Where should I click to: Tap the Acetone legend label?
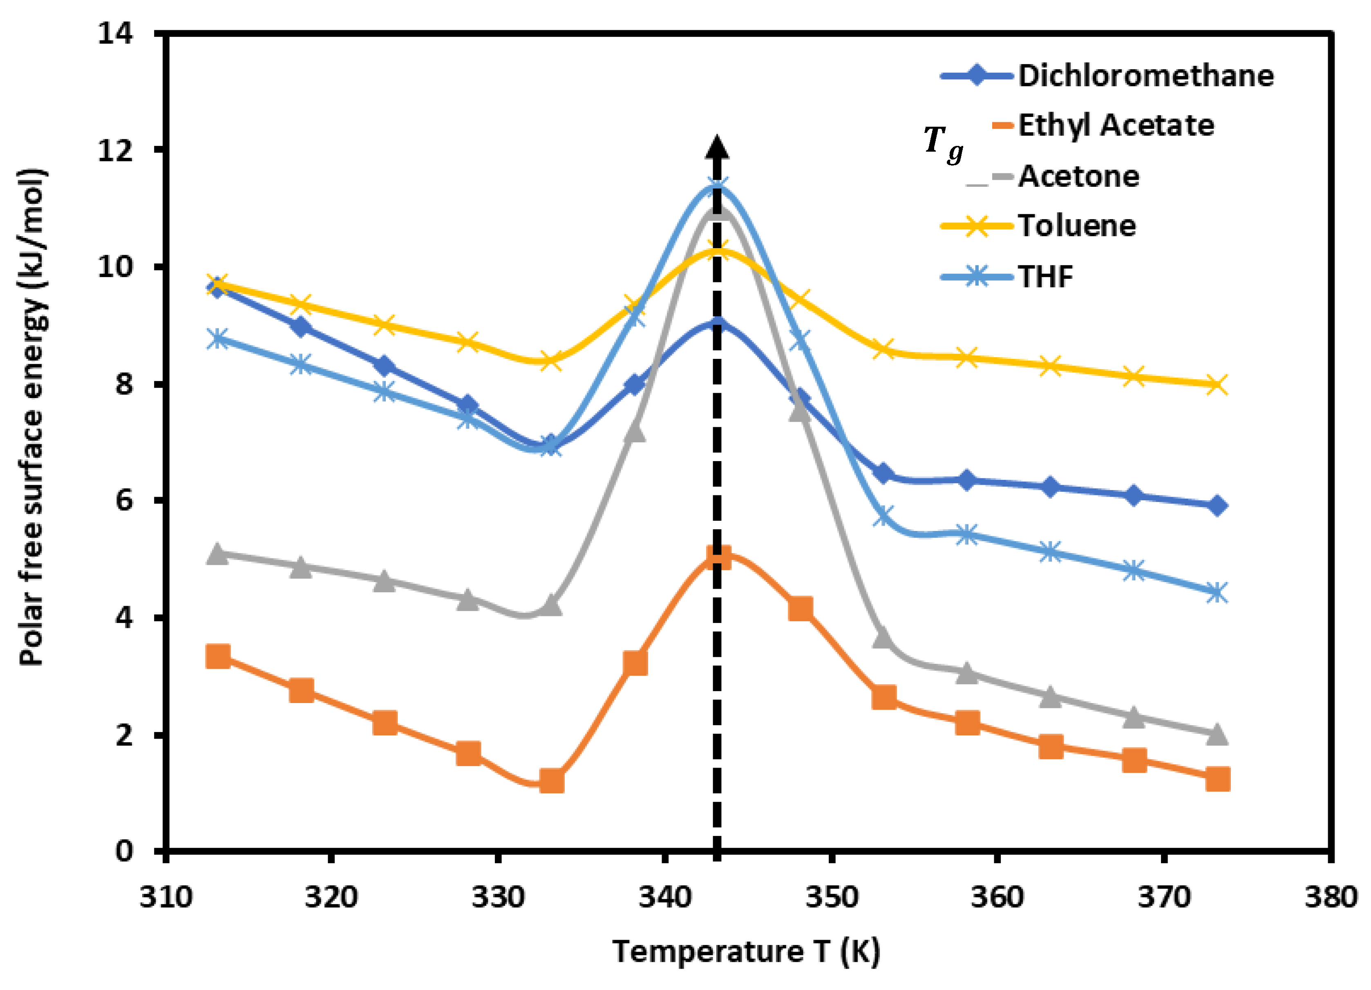pos(1078,177)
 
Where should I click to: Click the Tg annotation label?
pos(942,144)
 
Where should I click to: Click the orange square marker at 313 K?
pos(218,656)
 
